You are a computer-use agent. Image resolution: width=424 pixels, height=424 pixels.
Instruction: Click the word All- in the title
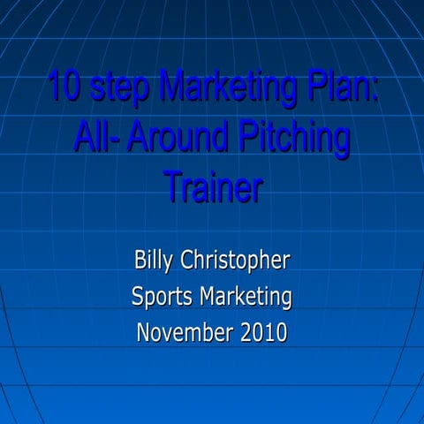(x=96, y=140)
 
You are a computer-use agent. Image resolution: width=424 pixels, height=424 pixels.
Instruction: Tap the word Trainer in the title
(x=212, y=188)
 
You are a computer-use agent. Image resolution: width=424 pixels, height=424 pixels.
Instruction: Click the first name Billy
(x=155, y=262)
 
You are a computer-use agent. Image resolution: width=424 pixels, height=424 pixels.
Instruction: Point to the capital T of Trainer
(x=173, y=187)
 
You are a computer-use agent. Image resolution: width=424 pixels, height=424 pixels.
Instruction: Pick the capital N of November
(x=145, y=333)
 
